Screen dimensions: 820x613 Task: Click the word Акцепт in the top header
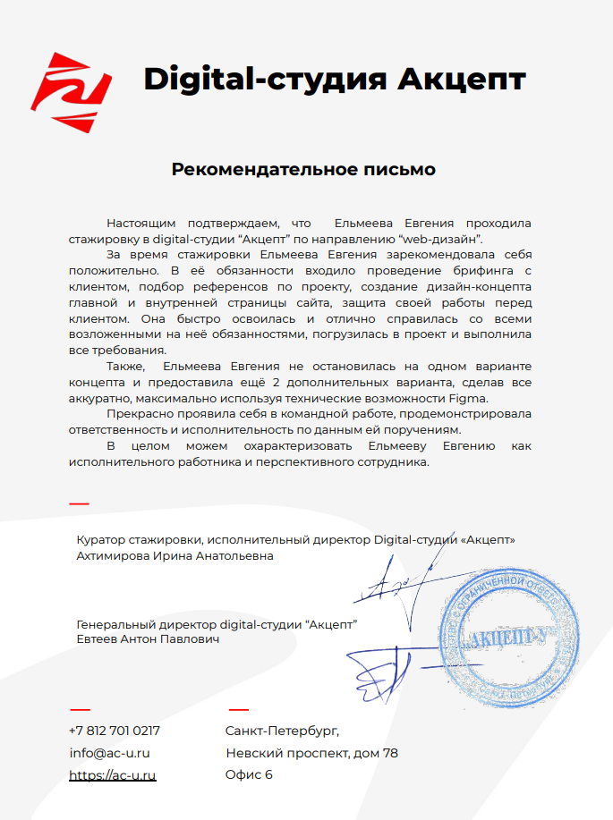(461, 80)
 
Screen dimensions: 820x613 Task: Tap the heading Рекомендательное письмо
(303, 169)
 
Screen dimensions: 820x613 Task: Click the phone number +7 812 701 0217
(115, 731)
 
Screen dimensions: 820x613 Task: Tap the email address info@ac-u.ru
(109, 753)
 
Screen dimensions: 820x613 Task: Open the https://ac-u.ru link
(113, 774)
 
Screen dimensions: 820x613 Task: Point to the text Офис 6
(249, 774)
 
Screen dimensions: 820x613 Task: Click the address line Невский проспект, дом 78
(311, 753)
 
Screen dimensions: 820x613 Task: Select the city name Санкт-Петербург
(282, 731)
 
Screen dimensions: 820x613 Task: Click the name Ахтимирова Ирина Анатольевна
(175, 555)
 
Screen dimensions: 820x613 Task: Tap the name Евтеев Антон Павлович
(148, 639)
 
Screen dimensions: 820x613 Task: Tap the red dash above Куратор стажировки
(79, 504)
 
